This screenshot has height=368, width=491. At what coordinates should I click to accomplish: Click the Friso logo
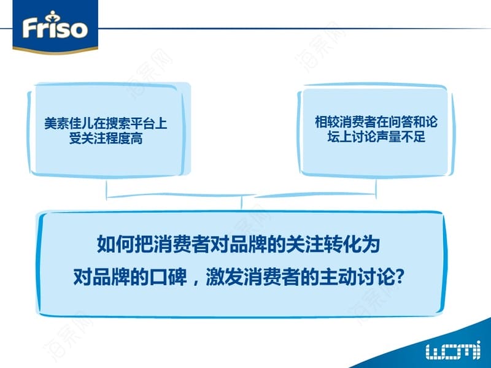(55, 27)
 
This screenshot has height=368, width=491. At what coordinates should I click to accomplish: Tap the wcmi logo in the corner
(453, 350)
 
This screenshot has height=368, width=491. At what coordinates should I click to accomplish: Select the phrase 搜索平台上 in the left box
(136, 123)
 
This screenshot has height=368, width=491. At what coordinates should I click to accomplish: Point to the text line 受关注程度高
(106, 138)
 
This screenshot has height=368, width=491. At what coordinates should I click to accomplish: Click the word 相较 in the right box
(327, 121)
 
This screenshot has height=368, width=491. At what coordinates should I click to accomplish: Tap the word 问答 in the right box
(401, 121)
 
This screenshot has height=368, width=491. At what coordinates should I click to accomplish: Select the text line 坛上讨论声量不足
(376, 136)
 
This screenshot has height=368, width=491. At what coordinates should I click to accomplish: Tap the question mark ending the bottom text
(400, 277)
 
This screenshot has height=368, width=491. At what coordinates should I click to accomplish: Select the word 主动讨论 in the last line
(357, 277)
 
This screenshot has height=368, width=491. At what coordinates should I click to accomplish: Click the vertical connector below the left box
(106, 190)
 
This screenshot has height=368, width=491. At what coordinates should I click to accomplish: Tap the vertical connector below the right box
(376, 189)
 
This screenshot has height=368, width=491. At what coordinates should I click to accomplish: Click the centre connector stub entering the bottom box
(241, 204)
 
